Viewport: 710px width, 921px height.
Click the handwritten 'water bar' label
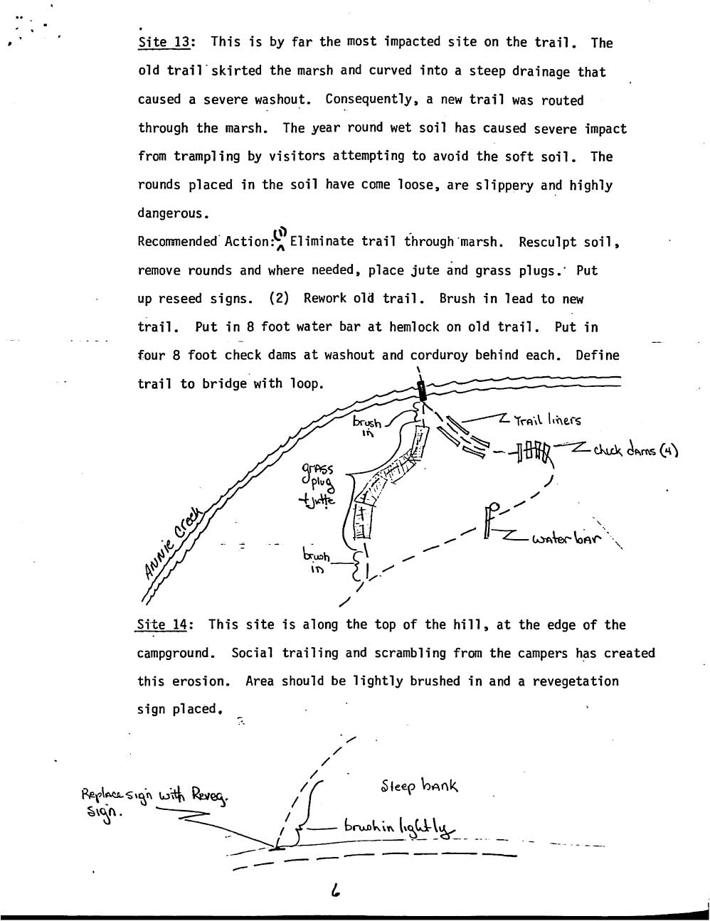(x=566, y=539)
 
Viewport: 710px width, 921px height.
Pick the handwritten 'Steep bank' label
(x=420, y=786)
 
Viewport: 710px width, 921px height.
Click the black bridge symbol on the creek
(x=421, y=390)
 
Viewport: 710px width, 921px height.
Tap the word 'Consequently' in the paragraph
(x=369, y=100)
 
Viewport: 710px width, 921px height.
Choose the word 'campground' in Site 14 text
(x=175, y=653)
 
